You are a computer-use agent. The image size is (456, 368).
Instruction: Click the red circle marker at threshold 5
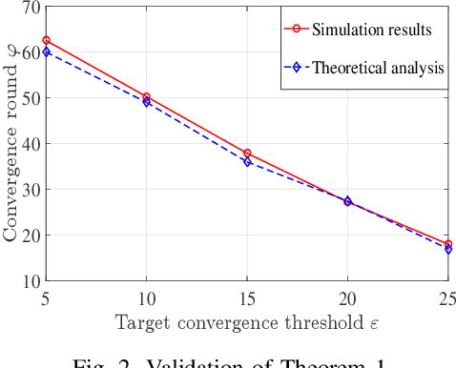point(47,40)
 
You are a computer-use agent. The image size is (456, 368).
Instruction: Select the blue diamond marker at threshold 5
point(47,51)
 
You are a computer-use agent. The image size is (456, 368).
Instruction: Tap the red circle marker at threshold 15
point(247,153)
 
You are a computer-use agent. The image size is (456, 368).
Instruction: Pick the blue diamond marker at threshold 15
point(247,162)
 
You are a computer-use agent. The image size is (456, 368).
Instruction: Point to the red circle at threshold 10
point(146,97)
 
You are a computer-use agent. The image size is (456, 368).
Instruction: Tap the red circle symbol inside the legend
point(296,30)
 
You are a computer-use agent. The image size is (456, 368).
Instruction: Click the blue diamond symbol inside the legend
point(296,68)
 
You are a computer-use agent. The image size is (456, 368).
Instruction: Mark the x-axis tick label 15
point(247,297)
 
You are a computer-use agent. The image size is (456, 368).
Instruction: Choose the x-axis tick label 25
point(446,297)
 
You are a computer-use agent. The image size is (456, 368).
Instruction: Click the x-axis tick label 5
point(47,297)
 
